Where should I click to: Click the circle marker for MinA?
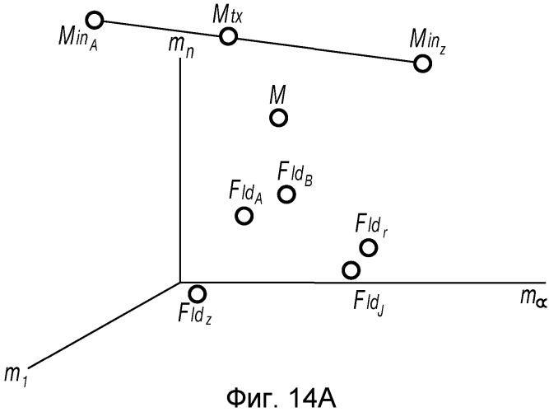point(95,19)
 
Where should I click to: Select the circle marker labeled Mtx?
point(229,36)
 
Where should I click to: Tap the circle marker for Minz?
point(423,63)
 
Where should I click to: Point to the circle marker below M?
point(278,118)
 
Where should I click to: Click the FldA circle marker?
point(244,216)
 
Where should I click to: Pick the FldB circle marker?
point(286,194)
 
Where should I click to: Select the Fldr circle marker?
point(368,246)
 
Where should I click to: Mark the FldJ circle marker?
point(351,269)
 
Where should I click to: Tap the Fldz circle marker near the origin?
point(198,293)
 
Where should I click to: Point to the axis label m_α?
point(528,297)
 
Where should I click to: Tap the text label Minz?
point(435,38)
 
